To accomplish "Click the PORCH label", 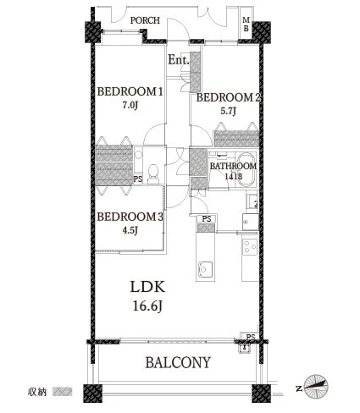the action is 145,20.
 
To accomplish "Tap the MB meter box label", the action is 246,25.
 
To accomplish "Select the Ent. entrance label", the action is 179,60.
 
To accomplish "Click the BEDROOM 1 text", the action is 130,92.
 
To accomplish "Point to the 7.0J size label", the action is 130,106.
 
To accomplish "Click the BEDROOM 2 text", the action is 228,98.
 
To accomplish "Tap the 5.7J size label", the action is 228,111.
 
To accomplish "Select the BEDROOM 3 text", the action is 130,217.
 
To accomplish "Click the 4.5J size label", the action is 130,230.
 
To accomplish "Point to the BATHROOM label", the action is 233,166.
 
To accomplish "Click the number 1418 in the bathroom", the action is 233,177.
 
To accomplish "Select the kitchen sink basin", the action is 205,268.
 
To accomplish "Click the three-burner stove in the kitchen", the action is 250,247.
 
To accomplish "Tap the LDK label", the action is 147,287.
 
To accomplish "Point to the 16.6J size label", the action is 147,306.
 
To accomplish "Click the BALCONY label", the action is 178,362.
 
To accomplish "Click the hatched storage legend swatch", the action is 63,392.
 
